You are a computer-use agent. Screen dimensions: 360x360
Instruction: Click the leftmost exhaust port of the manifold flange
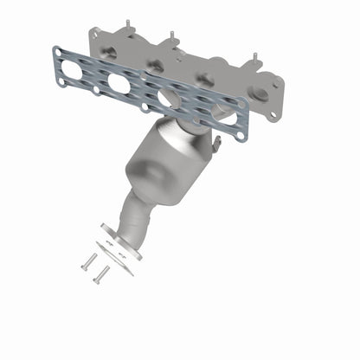(x=110, y=52)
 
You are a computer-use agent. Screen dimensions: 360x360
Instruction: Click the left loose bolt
(x=87, y=260)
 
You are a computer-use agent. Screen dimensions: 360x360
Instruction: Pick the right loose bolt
(x=101, y=274)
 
